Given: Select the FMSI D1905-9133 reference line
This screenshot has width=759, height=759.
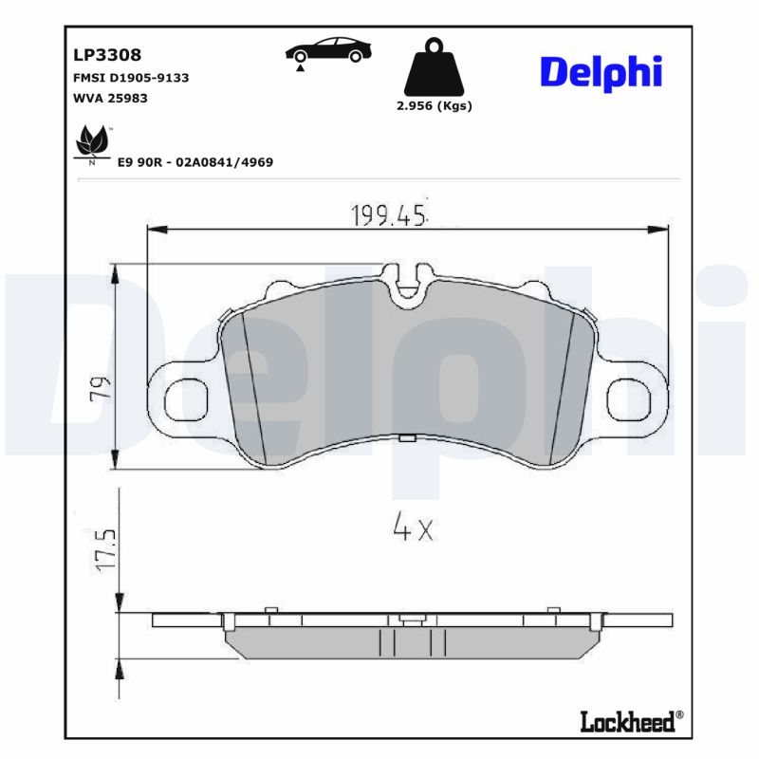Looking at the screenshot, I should (131, 78).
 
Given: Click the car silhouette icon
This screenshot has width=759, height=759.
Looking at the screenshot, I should (328, 51).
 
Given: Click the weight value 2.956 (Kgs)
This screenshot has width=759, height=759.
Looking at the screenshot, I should (434, 105).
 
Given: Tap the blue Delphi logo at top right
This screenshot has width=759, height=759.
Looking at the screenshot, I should (601, 73).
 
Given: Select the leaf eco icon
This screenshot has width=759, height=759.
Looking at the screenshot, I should (92, 145).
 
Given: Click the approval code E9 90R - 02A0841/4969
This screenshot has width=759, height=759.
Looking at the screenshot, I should (194, 162).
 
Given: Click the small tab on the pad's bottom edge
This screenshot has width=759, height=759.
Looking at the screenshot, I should (407, 438).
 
